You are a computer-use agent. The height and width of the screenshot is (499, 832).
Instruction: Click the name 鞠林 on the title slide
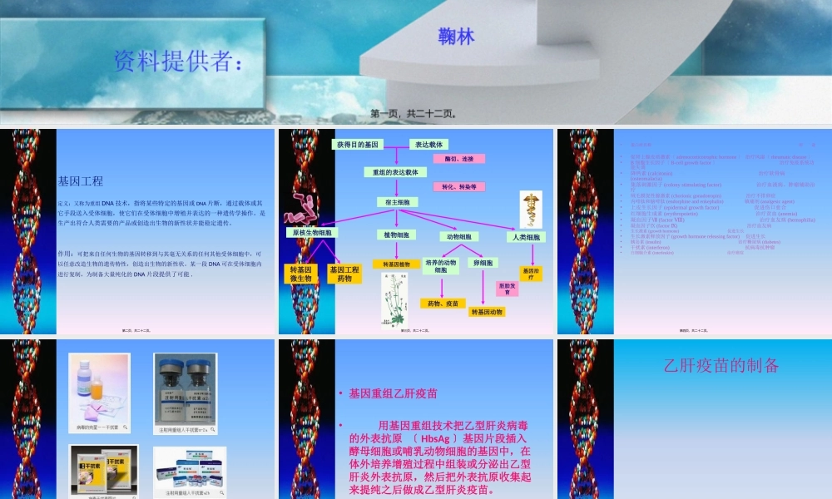(456, 37)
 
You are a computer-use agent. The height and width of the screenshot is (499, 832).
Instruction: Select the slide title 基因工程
(81, 180)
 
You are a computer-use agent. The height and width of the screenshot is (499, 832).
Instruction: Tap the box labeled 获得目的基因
(359, 144)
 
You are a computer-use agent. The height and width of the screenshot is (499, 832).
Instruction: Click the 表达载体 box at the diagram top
(430, 144)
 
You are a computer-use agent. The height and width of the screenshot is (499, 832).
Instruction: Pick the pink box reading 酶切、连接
(458, 158)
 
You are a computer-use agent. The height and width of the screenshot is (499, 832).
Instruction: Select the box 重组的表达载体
(395, 172)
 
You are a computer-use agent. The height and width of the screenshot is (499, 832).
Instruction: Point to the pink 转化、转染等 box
(458, 187)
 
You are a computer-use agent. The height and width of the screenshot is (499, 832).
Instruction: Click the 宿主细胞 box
(395, 202)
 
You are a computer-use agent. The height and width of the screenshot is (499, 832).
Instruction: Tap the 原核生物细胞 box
(312, 234)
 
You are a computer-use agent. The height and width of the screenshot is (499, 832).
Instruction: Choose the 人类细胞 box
(527, 237)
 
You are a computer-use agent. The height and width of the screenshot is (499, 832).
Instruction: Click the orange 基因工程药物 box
(344, 274)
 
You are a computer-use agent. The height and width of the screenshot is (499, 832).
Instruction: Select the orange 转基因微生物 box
(300, 274)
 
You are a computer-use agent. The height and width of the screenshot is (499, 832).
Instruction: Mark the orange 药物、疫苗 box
(442, 304)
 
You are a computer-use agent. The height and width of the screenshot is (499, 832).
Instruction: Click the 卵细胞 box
(483, 263)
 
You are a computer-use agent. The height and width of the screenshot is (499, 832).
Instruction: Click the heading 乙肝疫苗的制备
(722, 365)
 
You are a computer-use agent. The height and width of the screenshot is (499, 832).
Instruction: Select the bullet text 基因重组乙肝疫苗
(394, 393)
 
